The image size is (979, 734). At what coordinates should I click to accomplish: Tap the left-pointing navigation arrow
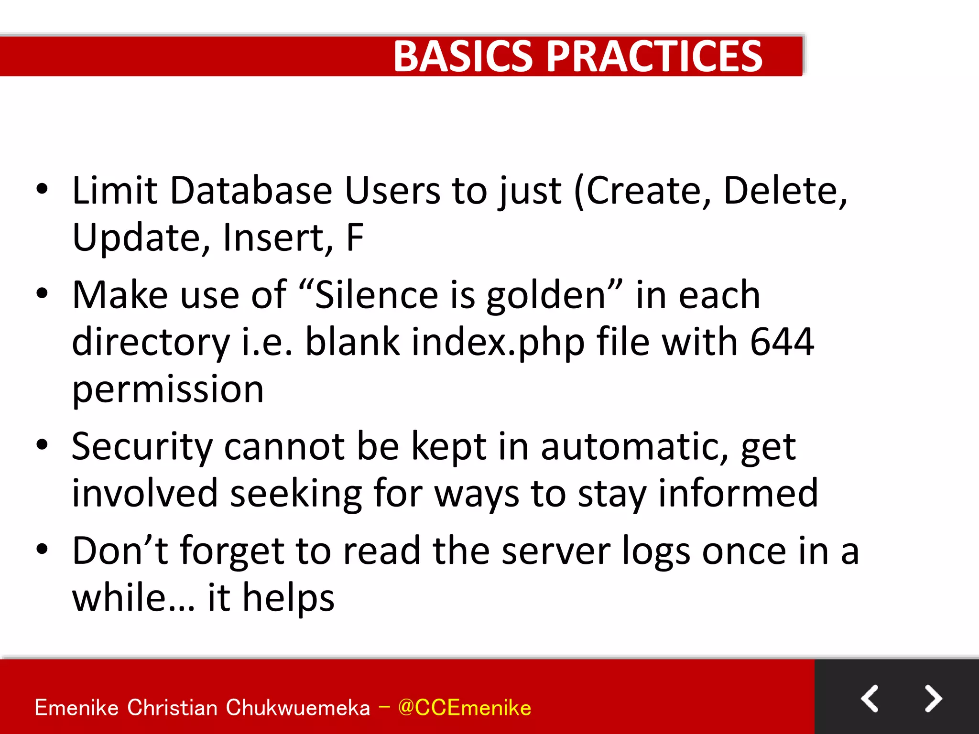point(870,699)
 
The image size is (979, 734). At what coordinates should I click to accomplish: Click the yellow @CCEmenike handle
point(464,708)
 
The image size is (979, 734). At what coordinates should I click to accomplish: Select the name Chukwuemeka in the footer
point(297,708)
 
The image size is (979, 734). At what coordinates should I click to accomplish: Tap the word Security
point(142,447)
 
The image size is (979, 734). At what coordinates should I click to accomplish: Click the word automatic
point(634,447)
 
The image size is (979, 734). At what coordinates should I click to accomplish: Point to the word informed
point(738,493)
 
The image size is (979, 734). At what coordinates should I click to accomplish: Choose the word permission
point(168,390)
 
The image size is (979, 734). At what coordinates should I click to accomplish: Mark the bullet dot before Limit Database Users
point(42,189)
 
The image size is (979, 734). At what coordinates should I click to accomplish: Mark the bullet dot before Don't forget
point(42,550)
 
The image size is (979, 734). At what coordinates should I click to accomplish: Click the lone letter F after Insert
point(355,237)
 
